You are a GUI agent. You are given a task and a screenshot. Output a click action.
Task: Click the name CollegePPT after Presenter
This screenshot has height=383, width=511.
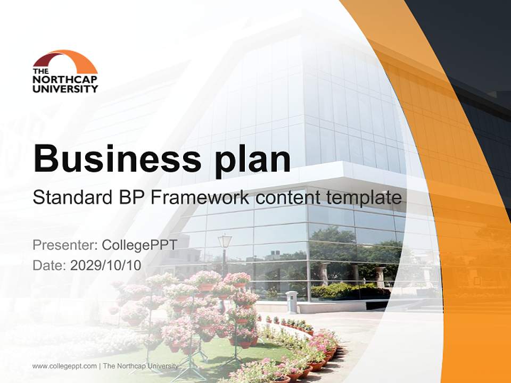tap(139, 245)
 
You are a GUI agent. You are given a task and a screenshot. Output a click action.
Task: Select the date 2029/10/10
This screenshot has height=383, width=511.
tap(106, 265)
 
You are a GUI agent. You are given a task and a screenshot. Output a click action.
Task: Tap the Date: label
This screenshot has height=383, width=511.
tap(50, 265)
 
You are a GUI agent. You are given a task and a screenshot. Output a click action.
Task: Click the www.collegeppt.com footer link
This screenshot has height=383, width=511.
tap(64, 366)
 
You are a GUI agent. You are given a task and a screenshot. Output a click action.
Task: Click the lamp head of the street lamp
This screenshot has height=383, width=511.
tap(225, 241)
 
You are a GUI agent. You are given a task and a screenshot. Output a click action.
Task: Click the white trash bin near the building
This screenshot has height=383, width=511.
tap(291, 302)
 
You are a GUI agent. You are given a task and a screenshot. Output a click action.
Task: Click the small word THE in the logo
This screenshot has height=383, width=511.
tap(40, 71)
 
